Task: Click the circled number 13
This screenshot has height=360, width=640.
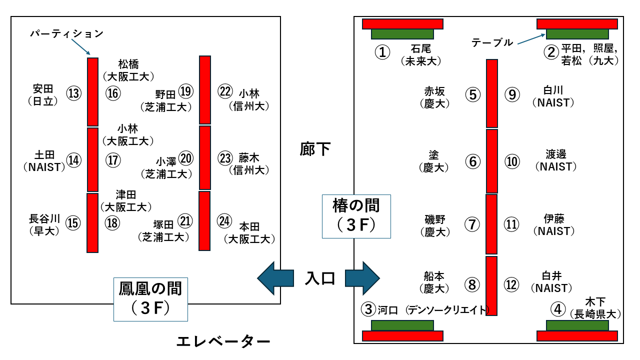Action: coord(73,93)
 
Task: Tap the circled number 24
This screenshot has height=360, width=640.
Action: coord(225,220)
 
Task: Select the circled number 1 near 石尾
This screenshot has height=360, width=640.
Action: coord(382,52)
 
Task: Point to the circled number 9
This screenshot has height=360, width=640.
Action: coord(512,95)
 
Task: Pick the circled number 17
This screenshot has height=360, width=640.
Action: coord(113,160)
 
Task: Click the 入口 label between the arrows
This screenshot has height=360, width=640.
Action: coord(320,277)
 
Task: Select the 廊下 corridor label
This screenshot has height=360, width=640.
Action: coord(315,148)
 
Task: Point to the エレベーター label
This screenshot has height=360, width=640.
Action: coord(223,342)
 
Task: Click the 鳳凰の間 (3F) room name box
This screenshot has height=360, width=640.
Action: coord(150,299)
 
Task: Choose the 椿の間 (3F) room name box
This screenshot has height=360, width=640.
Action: coord(356,216)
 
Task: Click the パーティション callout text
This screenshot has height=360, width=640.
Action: coord(66,34)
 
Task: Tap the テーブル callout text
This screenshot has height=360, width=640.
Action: coord(492,43)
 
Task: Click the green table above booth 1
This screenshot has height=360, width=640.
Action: coord(402,34)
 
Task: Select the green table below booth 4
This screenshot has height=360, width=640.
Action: coord(577,325)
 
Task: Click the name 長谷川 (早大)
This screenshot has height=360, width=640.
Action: coord(44,224)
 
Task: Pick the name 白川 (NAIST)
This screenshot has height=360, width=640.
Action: coord(553,96)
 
